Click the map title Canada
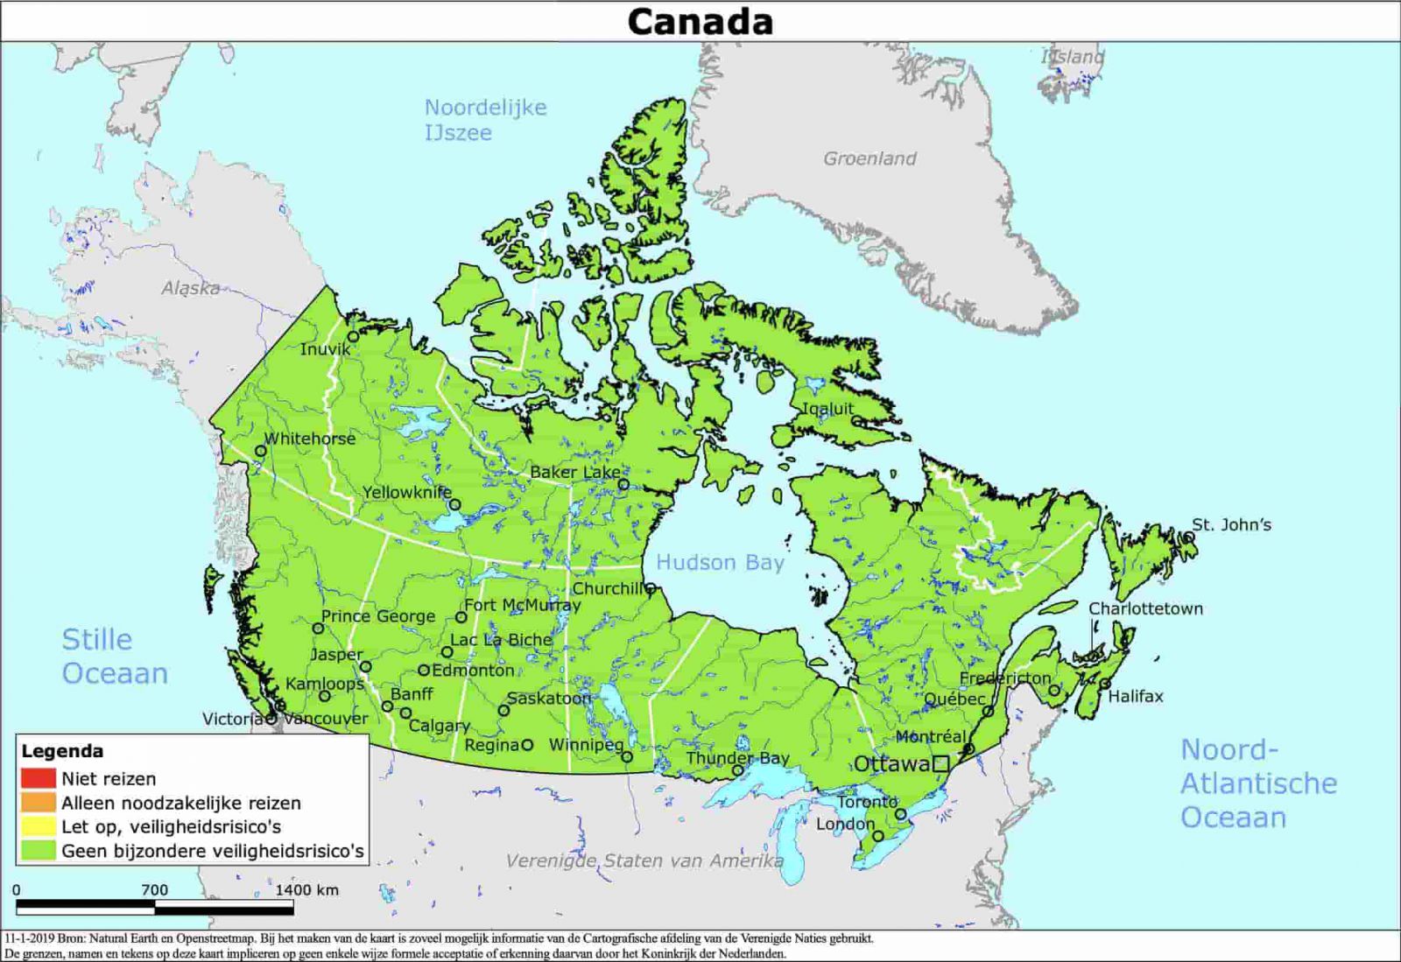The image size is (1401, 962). pos(700,22)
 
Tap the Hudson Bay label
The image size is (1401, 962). pos(720,562)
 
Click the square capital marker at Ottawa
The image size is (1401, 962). pos(940,763)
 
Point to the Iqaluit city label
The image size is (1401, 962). pos(827,408)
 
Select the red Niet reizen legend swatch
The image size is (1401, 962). pos(39,778)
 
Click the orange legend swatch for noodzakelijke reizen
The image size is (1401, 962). pos(39,802)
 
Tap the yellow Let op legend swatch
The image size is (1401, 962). pos(39,825)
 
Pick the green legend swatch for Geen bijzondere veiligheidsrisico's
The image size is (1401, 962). pos(39,850)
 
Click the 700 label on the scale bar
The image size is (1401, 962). pos(154,889)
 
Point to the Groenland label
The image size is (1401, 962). pos(869,158)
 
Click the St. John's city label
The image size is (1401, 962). pos(1231,524)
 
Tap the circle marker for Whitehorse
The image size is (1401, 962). pos(260,452)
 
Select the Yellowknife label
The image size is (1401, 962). pos(407,492)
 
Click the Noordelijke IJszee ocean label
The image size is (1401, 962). pos(484,120)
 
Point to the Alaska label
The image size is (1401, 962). pos(190,288)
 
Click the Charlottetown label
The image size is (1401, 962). pos(1145,608)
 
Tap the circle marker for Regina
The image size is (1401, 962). pos(527,745)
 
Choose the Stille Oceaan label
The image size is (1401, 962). pos(114,657)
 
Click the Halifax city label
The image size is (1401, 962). pos(1136,696)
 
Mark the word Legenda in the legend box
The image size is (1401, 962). pos(62,751)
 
